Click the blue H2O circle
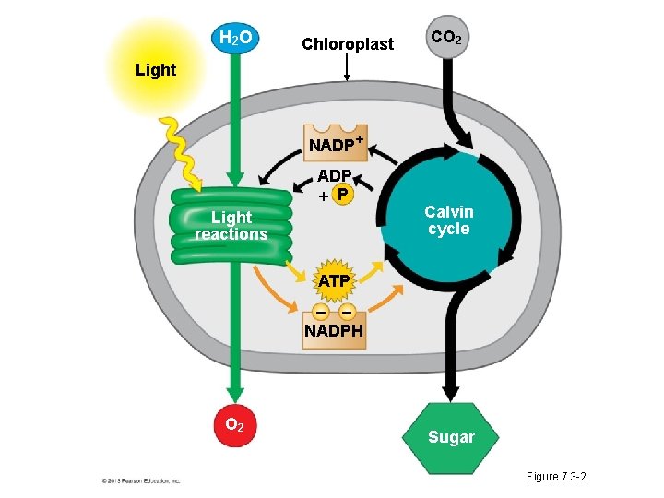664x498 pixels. pos(236,38)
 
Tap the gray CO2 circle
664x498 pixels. pos(445,39)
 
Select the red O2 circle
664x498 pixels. pos(235,425)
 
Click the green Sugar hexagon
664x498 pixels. pos(450,436)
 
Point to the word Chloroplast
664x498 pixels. pos(348,44)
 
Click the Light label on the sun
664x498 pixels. pos(155,70)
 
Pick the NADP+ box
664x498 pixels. pos(335,144)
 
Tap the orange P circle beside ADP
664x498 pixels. pos(342,195)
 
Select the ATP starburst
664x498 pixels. pos(334,279)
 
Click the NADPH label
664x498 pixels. pos(334,330)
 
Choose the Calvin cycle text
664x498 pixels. pos(448,220)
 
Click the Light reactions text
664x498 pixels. pos(231,226)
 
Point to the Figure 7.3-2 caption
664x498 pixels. pos(556,476)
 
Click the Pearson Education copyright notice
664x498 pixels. pos(140,480)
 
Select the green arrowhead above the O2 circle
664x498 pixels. pos(235,391)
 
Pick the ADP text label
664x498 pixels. pos(334,175)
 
